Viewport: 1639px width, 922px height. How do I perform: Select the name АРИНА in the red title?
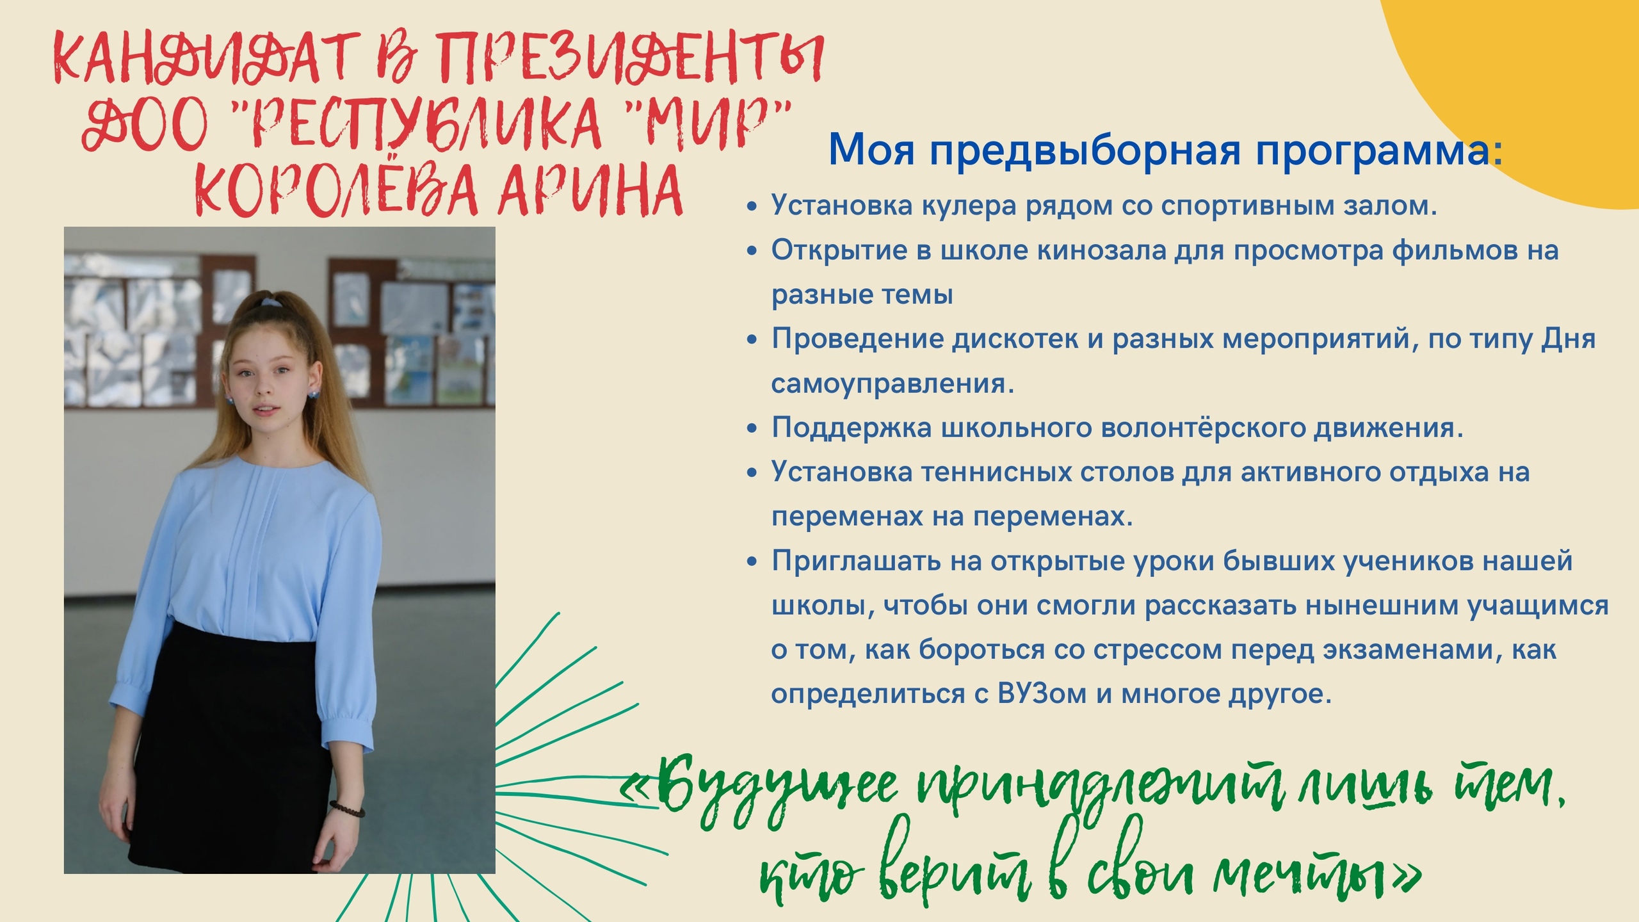[x=591, y=190]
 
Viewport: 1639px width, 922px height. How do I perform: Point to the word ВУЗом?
[x=1042, y=694]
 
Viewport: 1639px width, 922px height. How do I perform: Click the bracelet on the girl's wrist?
[x=346, y=808]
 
